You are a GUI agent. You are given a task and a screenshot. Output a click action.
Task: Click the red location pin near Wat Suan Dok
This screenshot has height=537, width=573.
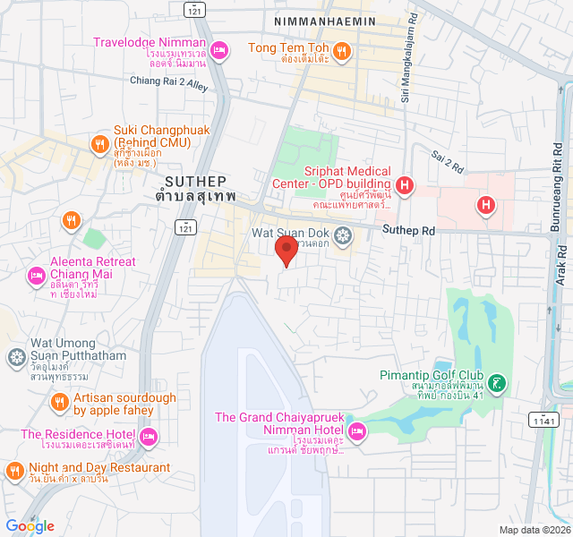(286, 250)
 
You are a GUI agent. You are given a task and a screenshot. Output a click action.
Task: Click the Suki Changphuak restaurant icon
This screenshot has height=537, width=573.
(99, 142)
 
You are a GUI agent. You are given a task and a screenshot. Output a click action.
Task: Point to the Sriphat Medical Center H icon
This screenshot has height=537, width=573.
(405, 186)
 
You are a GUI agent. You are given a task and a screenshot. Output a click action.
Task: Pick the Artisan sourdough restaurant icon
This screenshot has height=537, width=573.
(60, 402)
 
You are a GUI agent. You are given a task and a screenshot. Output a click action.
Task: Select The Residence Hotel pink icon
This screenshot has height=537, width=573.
(149, 436)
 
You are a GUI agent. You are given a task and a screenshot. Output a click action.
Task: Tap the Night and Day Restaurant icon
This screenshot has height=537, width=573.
(15, 470)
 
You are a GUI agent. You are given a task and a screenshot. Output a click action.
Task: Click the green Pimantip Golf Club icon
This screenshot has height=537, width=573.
(498, 383)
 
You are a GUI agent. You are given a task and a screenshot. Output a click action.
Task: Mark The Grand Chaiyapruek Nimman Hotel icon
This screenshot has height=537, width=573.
(355, 431)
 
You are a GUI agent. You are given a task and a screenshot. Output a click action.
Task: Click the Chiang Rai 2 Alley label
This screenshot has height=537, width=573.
(169, 81)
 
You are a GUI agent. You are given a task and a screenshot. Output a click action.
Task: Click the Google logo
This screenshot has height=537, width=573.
(30, 526)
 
